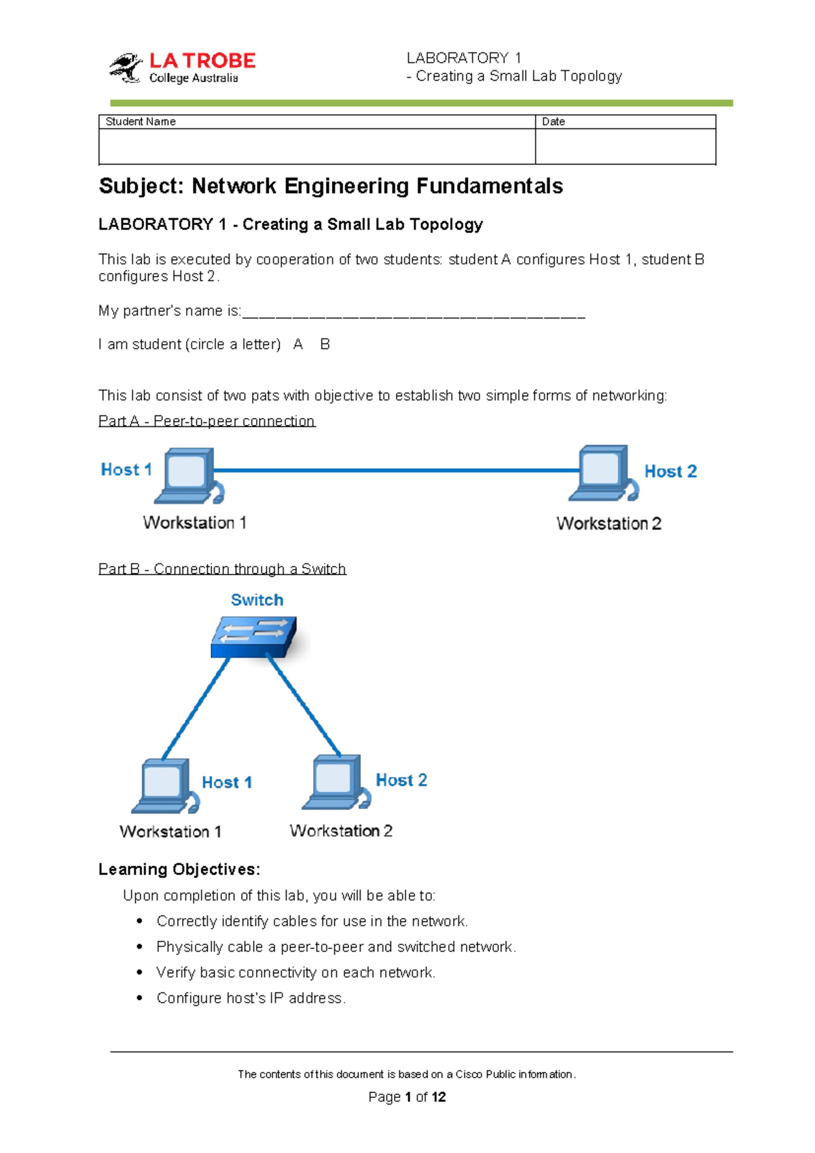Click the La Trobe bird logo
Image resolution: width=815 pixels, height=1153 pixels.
pos(126,67)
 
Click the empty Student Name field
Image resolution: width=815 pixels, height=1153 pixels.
pos(316,146)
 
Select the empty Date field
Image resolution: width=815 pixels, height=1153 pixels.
pos(625,146)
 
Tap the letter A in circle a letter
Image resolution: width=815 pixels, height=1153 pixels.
pos(297,345)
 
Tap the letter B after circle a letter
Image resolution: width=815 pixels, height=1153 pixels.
pos(325,345)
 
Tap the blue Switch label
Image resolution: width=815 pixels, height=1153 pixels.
pos(257,600)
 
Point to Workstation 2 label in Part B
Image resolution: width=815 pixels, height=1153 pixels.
pos(341,831)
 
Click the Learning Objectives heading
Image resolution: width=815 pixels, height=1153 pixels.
pos(179,870)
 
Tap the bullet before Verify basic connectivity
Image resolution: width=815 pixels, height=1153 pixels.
pos(139,973)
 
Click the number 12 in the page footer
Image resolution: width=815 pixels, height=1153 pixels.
pos(439,1097)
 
